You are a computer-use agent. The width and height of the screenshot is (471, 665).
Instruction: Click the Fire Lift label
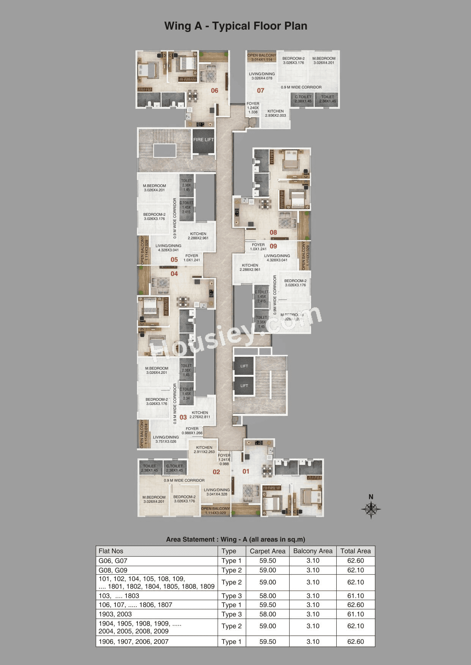204,140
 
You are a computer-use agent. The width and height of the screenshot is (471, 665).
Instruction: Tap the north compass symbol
371,508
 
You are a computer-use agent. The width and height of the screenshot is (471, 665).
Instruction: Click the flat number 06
214,91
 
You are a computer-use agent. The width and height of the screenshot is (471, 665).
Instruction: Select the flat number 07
260,91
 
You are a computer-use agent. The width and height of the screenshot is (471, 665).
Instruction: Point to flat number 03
183,417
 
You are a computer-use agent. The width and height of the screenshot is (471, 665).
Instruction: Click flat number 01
246,471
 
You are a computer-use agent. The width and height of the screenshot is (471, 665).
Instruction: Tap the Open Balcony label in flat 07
262,57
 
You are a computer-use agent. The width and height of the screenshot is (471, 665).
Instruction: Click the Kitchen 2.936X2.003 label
276,113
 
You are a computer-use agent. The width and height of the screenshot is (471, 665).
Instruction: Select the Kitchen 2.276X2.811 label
200,415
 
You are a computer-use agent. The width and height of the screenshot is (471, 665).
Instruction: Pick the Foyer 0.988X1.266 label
192,431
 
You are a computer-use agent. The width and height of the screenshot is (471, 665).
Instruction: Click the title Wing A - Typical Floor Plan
236,26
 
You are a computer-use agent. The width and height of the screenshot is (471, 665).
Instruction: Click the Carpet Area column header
268,551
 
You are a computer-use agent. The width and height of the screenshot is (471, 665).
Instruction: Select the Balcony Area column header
313,551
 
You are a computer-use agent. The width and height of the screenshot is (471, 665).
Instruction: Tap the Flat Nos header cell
111,551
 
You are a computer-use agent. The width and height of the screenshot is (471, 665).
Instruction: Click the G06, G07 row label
113,561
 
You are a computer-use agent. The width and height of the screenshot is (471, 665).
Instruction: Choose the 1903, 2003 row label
115,614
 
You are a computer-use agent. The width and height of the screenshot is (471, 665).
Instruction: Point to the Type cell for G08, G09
232,570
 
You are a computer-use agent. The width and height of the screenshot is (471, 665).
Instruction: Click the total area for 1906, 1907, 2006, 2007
356,642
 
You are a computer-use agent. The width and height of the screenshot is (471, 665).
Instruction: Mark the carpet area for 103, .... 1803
268,596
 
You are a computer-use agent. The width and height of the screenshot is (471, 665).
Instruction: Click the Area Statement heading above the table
236,540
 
